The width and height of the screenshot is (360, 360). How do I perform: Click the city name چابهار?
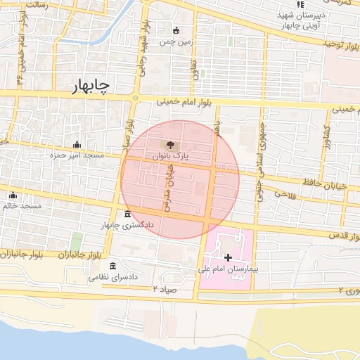91,86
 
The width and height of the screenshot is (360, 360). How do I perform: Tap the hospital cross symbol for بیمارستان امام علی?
227,258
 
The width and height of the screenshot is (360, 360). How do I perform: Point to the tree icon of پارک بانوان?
169,146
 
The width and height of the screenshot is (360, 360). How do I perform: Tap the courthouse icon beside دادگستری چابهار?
127,214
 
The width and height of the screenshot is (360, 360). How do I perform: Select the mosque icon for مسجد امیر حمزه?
77,145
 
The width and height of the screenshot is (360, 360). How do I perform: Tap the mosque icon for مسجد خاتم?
12,196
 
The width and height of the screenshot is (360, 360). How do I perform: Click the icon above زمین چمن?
176,30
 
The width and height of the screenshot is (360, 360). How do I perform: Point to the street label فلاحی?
286,193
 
